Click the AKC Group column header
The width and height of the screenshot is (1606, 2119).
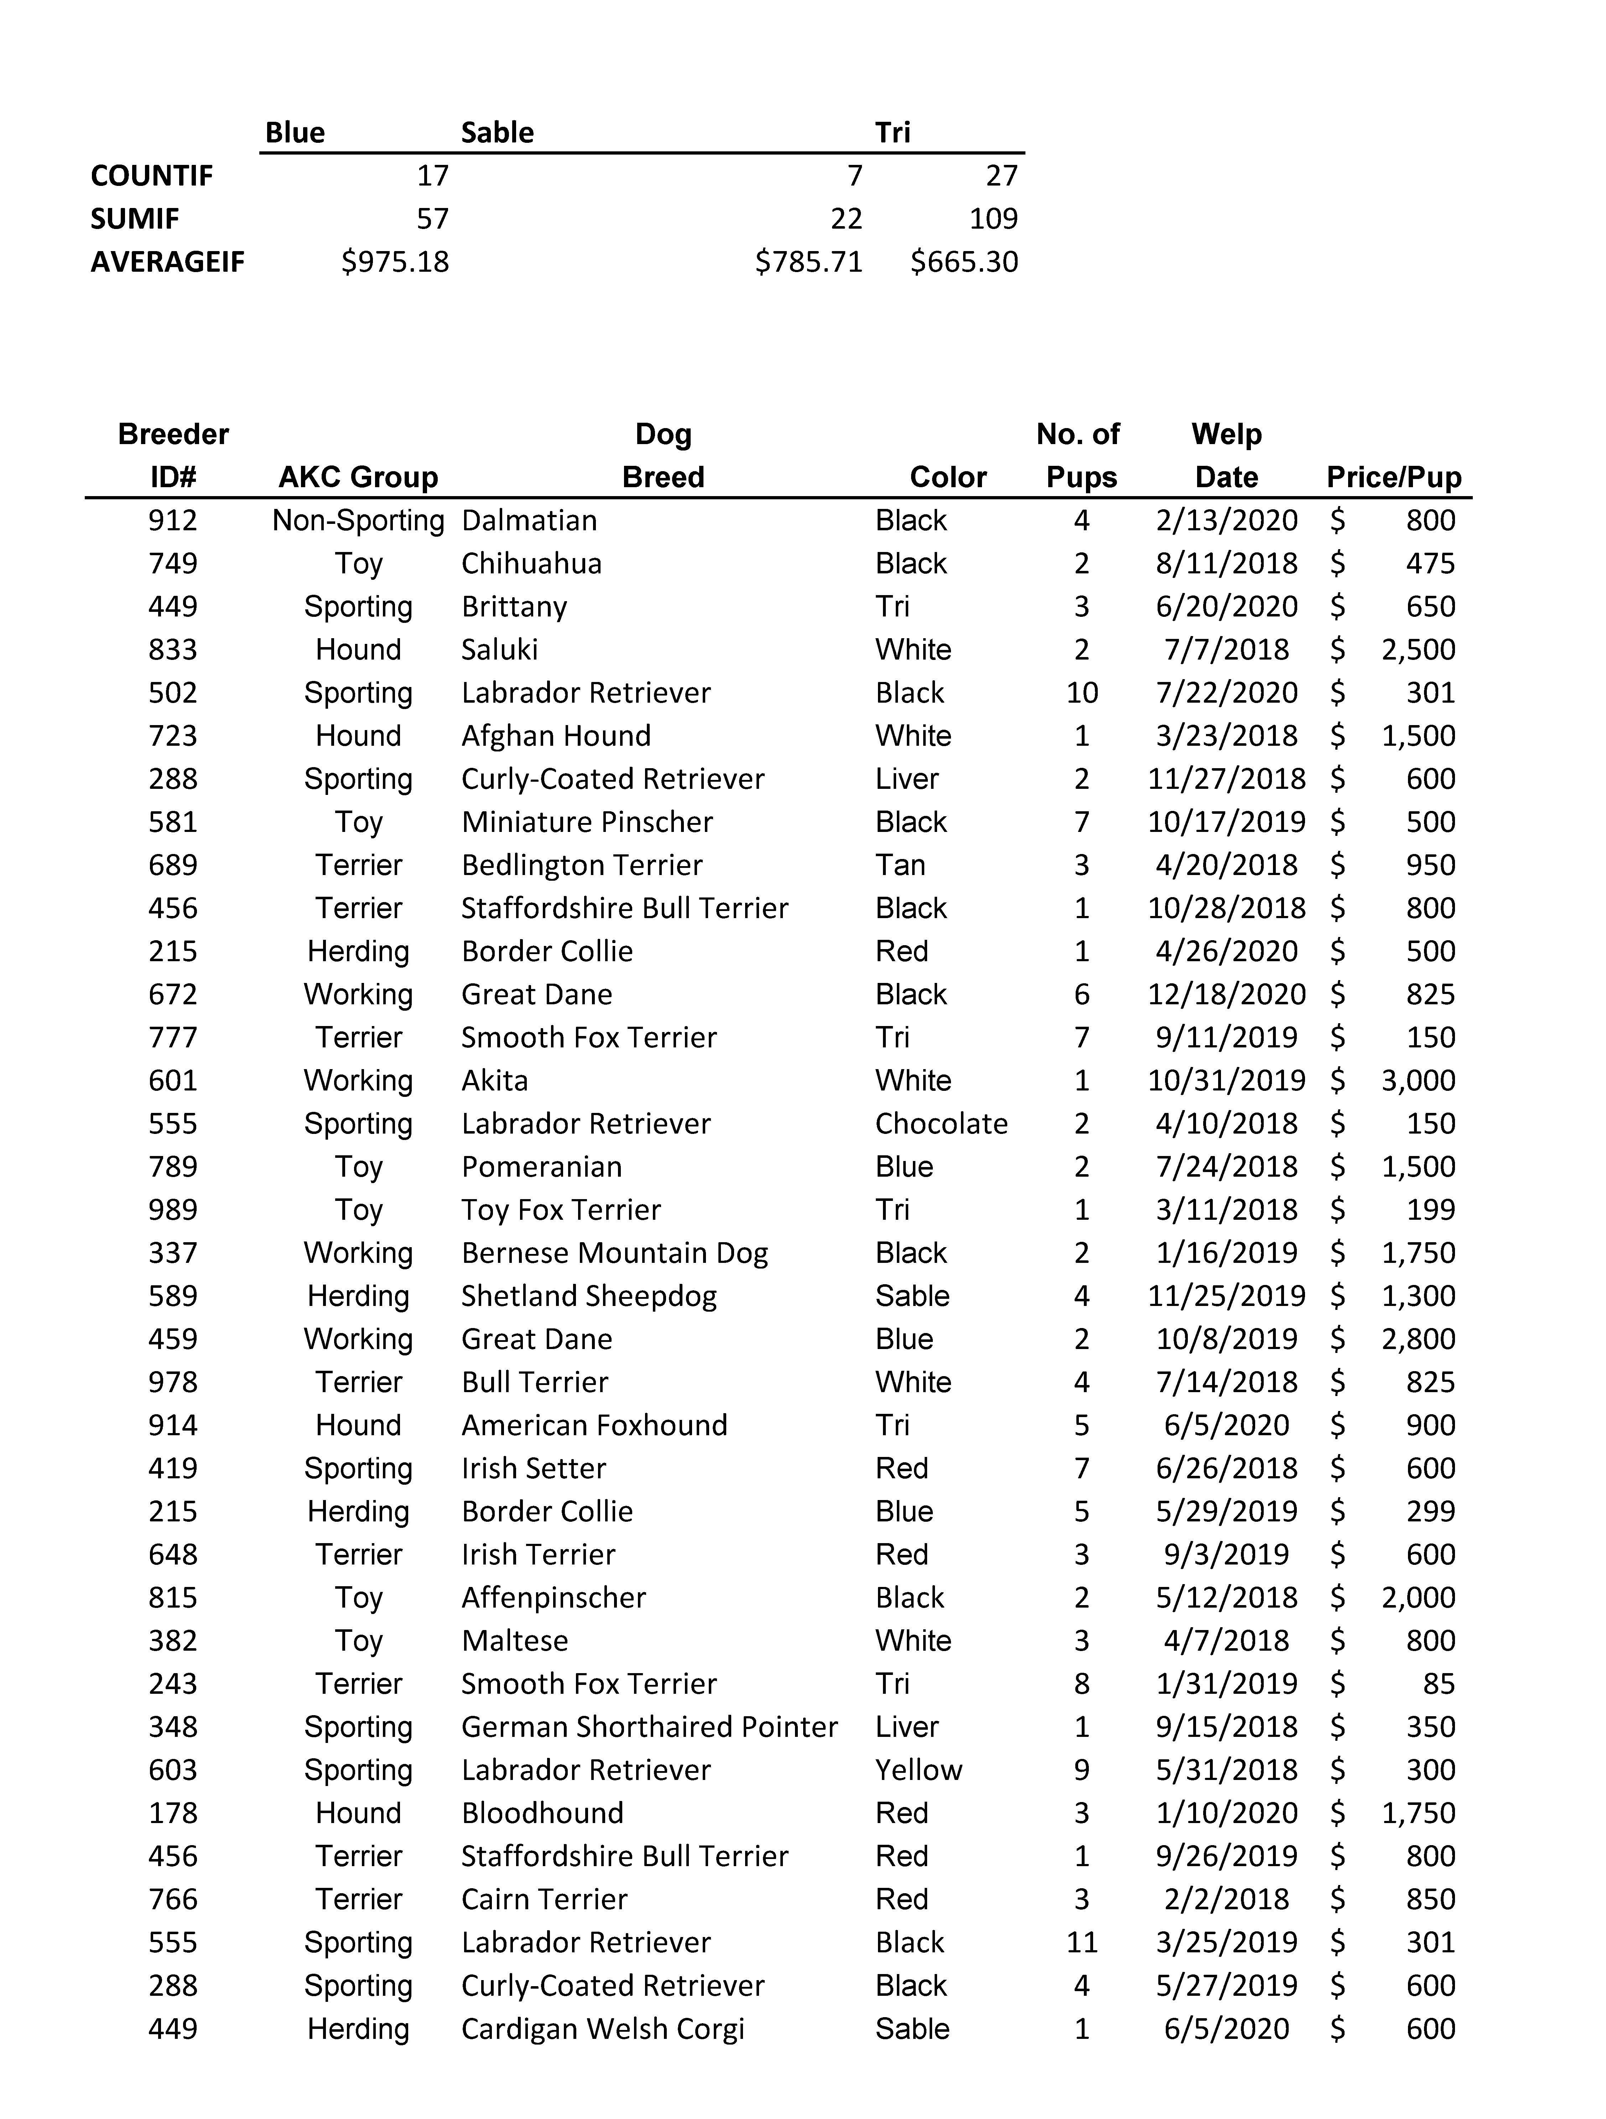358,477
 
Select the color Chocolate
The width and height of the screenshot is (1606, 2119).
941,1124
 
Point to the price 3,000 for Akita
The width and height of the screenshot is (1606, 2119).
1418,1081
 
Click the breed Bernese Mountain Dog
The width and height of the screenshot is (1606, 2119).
614,1253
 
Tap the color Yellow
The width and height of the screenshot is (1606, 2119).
918,1770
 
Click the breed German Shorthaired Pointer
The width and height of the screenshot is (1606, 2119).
649,1727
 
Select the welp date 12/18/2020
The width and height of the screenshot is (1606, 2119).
1227,994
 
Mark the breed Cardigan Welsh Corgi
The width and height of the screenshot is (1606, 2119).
603,2029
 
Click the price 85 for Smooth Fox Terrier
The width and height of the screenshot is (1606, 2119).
1438,1684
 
